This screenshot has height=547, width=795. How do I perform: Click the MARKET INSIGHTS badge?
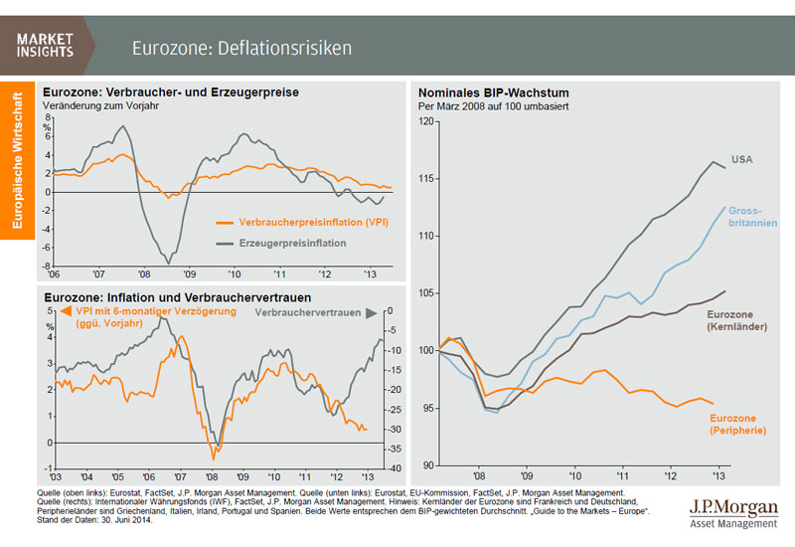coord(46,44)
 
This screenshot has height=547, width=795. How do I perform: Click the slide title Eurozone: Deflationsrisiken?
coord(242,48)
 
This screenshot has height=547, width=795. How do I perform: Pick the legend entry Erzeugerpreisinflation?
coord(285,242)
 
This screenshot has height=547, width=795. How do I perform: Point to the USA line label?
coord(742,159)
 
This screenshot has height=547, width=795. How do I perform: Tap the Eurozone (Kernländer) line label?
coord(735,320)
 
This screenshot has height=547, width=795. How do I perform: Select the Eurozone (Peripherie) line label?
coord(735,425)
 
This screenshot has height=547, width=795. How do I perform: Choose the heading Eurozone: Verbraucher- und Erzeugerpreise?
coord(170,91)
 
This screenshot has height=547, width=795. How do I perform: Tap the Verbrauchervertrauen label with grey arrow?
coord(312,312)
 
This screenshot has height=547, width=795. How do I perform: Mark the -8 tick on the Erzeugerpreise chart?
coord(47,266)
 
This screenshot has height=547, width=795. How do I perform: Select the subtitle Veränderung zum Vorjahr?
coord(100,104)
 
